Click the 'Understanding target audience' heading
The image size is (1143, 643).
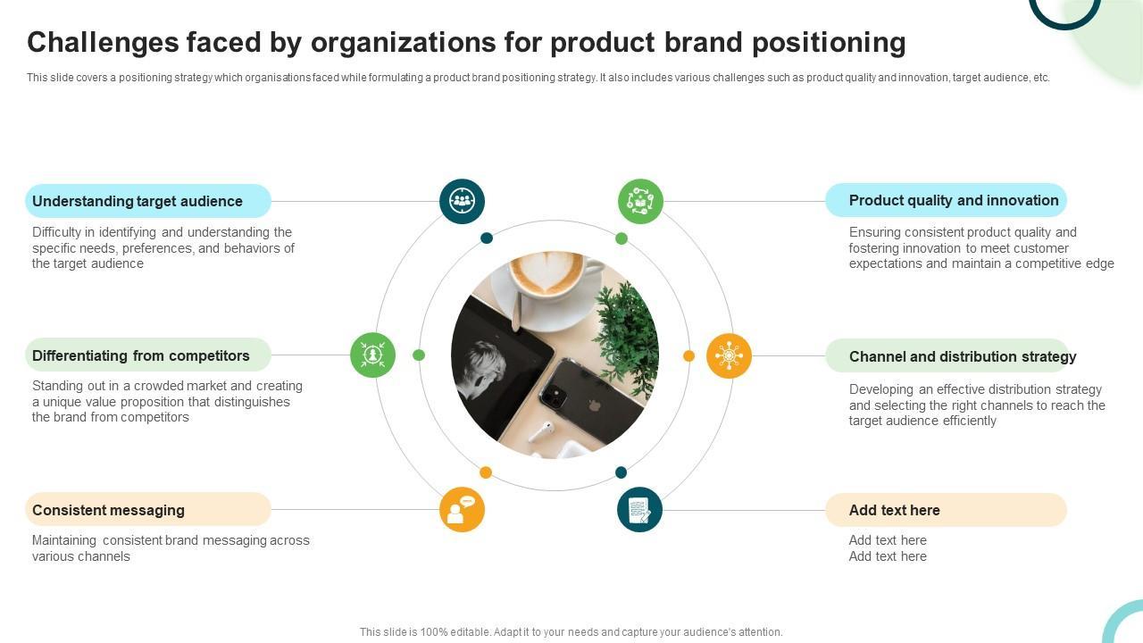138,202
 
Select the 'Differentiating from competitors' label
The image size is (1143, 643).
141,355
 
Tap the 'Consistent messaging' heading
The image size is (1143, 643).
108,510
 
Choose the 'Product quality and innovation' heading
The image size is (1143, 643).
954,200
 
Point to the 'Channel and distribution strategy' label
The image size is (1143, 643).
963,356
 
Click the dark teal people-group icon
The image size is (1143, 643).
462,201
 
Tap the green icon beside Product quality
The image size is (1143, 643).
640,201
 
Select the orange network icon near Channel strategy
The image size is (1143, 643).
729,355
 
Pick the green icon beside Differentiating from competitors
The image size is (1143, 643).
373,355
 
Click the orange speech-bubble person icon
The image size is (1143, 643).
462,510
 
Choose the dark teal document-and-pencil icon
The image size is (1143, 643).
639,510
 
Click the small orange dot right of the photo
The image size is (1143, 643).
688,355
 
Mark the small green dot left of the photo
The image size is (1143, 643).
419,355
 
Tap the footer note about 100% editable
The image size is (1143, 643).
571,631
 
